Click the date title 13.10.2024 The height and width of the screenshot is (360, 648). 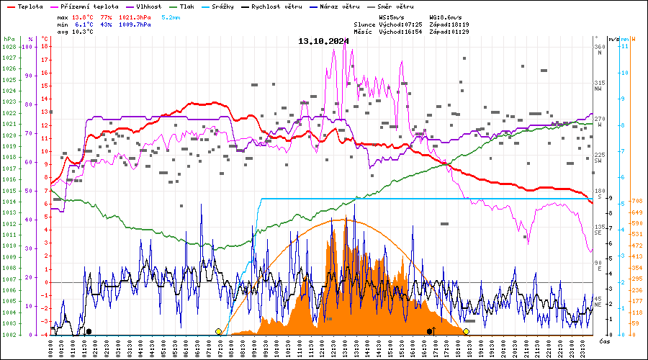(323, 41)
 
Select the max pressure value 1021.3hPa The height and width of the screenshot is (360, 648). (135, 16)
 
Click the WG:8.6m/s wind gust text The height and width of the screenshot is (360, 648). (446, 16)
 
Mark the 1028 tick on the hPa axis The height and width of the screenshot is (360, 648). (9, 47)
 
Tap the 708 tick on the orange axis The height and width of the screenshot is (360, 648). (636, 201)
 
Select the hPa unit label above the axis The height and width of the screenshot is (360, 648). (9, 39)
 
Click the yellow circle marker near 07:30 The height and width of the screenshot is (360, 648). (218, 331)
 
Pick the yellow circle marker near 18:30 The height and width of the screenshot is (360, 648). (466, 331)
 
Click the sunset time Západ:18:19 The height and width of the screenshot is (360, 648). (449, 24)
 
